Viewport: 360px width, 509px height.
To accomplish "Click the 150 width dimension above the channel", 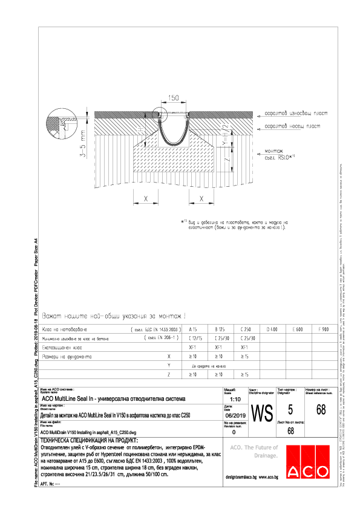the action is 173,97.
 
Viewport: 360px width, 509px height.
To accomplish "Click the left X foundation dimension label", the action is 146,198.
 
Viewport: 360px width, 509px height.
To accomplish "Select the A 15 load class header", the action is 194,329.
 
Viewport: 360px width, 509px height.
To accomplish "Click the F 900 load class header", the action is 323,329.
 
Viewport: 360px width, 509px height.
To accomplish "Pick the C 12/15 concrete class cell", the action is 195,339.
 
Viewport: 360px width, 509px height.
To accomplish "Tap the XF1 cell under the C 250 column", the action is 245,348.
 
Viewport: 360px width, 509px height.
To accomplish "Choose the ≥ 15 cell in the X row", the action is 245,357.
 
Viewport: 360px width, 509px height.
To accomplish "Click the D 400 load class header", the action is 272,329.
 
